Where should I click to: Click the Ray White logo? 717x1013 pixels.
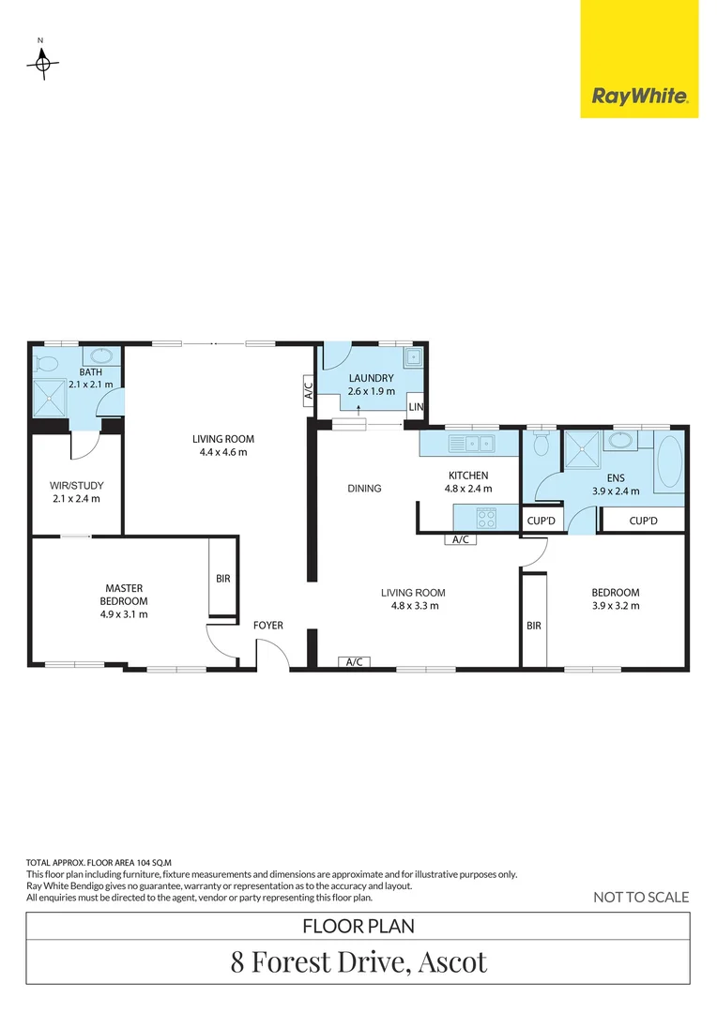point(639,95)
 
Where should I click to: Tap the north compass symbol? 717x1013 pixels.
point(41,64)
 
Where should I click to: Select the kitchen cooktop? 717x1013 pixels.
point(486,516)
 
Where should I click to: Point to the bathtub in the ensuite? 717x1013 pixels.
point(669,463)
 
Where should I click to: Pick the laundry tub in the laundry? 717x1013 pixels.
point(412,358)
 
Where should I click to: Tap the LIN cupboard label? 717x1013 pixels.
point(416,406)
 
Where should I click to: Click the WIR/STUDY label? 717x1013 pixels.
point(76,485)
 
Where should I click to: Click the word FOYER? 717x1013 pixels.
point(267,625)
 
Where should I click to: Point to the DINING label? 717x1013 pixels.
point(364,488)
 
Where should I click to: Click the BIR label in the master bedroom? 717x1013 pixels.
point(222,579)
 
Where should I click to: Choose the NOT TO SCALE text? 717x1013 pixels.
point(641,897)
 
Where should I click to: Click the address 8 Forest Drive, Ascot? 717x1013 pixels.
point(358,961)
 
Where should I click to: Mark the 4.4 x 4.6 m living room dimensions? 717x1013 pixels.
point(223,452)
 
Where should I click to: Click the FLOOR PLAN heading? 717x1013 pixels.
point(358,926)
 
